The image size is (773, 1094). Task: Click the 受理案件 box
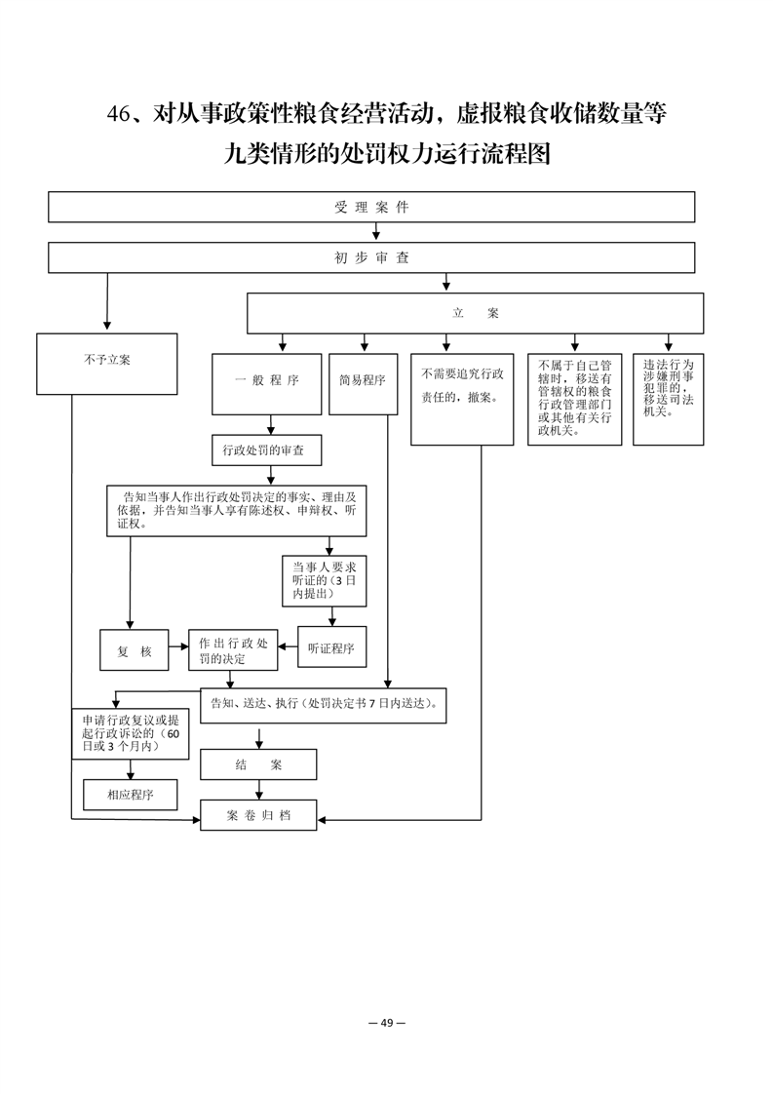click(x=371, y=208)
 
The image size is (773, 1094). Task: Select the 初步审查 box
click(x=371, y=257)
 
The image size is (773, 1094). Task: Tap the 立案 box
click(x=475, y=313)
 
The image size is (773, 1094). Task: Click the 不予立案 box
click(x=107, y=365)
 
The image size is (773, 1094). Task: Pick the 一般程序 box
click(x=266, y=384)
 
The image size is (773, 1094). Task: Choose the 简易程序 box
click(x=363, y=384)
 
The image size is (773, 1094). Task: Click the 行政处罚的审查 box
click(x=267, y=450)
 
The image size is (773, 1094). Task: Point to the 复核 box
click(x=134, y=650)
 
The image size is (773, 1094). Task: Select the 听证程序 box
click(x=332, y=647)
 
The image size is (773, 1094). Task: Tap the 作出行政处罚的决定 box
click(x=233, y=650)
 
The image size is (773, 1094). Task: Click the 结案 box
click(x=258, y=764)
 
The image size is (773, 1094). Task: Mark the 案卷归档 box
click(x=258, y=815)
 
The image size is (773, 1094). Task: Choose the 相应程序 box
click(x=131, y=795)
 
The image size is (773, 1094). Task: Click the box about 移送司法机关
click(x=669, y=399)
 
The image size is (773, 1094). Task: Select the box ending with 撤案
click(x=462, y=399)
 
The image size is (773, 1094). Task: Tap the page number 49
click(x=387, y=1023)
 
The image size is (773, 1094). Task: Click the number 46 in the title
click(x=119, y=114)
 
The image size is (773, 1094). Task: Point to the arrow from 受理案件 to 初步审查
click(x=376, y=232)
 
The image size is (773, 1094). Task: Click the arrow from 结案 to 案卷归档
click(x=259, y=790)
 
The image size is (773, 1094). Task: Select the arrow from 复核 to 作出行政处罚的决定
click(x=178, y=646)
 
